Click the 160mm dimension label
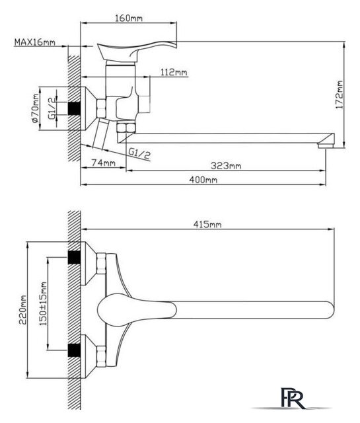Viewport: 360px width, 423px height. tap(129, 18)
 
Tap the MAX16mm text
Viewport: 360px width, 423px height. tap(35, 42)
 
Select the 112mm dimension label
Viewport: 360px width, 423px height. tap(174, 72)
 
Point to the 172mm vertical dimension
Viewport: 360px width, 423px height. tap(340, 95)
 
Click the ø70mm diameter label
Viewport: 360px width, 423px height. tap(35, 108)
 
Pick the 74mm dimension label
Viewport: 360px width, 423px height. tap(103, 163)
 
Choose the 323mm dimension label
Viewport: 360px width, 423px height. tap(226, 165)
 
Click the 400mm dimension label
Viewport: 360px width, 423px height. tap(203, 179)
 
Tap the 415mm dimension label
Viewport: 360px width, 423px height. tap(207, 224)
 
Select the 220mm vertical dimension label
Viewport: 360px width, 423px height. tap(23, 310)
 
